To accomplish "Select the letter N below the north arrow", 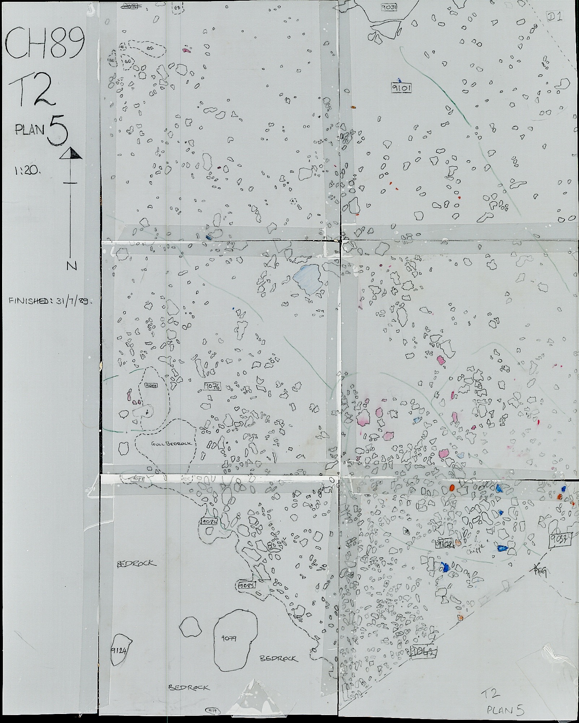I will pos(72,266).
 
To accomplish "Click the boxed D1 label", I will pos(554,17).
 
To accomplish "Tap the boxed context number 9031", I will pos(391,7).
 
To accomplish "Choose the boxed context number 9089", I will pos(151,385).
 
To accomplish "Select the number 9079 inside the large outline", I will pos(229,638).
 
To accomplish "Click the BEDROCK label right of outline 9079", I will pos(279,658).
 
